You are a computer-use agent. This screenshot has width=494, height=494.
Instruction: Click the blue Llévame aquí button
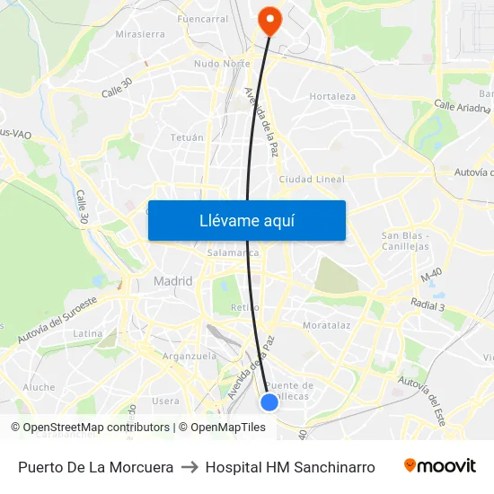[246, 220]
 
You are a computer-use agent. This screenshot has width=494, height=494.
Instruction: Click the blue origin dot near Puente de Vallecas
[269, 402]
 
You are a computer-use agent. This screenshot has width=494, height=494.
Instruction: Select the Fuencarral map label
[203, 19]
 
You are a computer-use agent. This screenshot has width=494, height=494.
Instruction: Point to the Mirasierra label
[140, 34]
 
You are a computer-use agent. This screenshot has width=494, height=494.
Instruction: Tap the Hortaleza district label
[332, 96]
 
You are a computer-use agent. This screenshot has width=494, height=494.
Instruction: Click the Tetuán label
[187, 137]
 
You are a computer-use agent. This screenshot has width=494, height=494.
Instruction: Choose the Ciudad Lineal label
[312, 180]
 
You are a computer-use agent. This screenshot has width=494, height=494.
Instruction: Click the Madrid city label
[172, 281]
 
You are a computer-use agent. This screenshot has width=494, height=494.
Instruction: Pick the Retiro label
[244, 307]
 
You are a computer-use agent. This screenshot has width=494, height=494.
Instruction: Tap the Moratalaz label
[326, 324]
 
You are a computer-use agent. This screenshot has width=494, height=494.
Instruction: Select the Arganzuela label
[190, 356]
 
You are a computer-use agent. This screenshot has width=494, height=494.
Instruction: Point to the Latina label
[88, 333]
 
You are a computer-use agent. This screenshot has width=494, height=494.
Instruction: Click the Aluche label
[39, 387]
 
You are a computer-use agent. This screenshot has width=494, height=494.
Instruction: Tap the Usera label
[165, 401]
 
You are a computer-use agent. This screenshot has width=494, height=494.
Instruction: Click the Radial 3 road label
[427, 306]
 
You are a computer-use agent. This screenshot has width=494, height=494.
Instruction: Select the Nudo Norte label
[222, 64]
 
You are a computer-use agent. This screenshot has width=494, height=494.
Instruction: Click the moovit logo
[439, 466]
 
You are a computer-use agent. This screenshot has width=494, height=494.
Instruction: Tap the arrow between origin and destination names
[190, 467]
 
